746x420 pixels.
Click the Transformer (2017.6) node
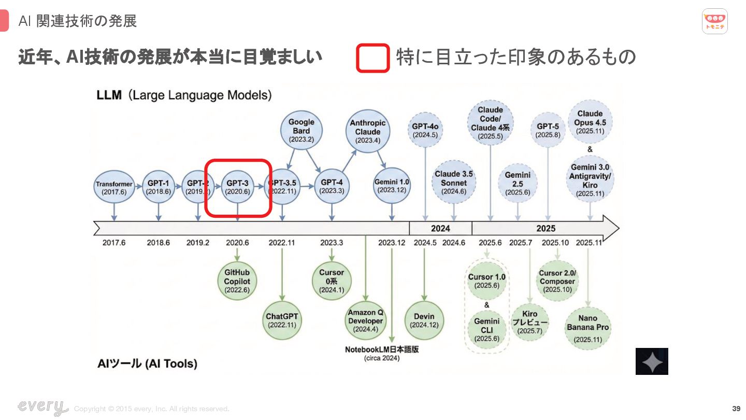tap(114, 188)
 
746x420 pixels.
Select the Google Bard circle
tap(301, 130)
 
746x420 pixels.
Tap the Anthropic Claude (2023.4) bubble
tap(368, 131)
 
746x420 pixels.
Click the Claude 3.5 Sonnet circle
tap(454, 183)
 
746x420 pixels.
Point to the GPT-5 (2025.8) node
tap(548, 130)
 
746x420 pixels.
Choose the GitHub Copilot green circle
tap(237, 281)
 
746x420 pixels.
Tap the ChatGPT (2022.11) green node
tap(282, 320)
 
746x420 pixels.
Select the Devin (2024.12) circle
tap(424, 320)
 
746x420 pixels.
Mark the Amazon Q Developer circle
tap(366, 320)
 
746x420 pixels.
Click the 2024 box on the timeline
tap(440, 228)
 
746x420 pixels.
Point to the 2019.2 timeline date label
tap(198, 243)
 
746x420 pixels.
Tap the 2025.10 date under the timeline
tap(555, 243)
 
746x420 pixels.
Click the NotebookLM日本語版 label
tap(382, 349)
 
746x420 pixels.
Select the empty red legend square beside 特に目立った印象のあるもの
tap(372, 58)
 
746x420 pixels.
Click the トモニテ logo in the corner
tap(715, 21)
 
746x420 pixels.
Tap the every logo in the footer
tap(42, 407)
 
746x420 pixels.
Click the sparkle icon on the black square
tap(652, 361)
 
